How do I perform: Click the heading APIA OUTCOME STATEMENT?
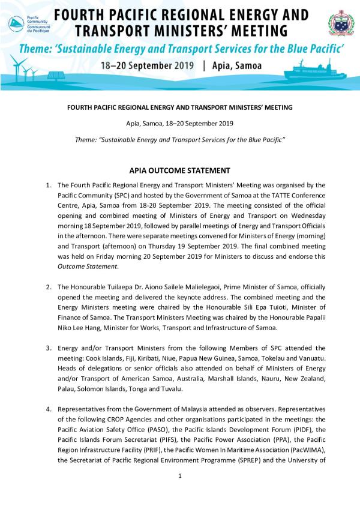tap(179, 170)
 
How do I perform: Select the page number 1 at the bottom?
tap(179, 476)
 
